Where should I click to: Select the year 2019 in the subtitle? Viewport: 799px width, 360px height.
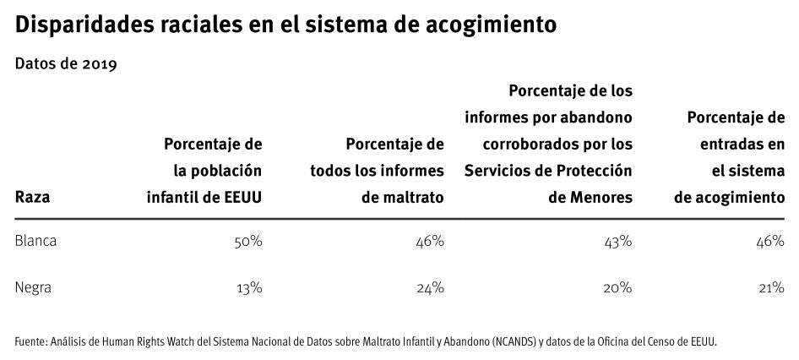point(98,65)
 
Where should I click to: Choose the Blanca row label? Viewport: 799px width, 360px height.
point(35,242)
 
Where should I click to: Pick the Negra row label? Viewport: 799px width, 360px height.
point(34,287)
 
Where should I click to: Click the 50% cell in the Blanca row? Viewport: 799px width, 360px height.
point(248,242)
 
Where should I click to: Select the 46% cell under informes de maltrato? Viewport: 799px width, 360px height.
point(430,242)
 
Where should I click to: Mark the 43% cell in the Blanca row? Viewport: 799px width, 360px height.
point(617,242)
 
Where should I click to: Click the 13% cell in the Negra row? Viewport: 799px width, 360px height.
point(249,287)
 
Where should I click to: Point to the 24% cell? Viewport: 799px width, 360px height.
point(430,287)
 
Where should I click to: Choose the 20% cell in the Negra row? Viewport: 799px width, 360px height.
point(617,287)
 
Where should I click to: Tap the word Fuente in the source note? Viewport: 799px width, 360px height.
point(30,341)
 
